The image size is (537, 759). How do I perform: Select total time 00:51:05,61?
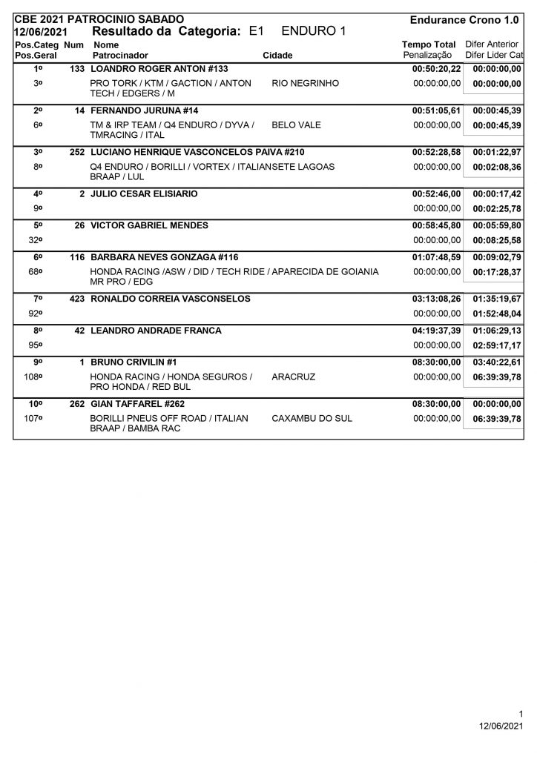coord(436,110)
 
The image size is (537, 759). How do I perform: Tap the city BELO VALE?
coord(297,125)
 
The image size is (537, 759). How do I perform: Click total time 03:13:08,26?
coord(436,299)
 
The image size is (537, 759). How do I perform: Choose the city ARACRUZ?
coord(294,377)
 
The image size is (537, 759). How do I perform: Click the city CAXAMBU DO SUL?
coord(312,419)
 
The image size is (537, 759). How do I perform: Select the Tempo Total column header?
coord(429,45)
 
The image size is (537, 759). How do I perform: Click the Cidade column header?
coord(277,56)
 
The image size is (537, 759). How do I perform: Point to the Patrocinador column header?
coord(120,56)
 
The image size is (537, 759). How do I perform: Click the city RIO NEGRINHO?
coord(306,84)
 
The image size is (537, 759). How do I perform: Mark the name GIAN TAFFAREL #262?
coord(137,404)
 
